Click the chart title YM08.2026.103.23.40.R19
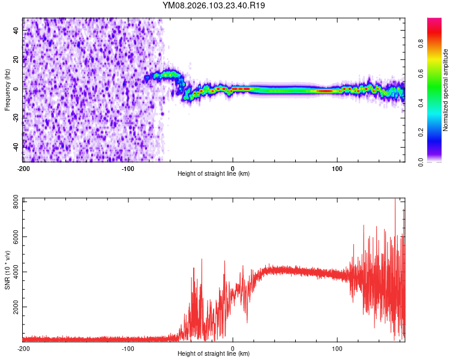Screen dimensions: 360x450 (214, 5)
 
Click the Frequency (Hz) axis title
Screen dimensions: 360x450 (7, 89)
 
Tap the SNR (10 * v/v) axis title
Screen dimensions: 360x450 (7, 269)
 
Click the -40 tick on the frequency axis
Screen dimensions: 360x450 (16, 147)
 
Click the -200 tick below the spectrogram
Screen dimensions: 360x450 (23, 169)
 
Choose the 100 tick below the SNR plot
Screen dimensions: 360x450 (337, 349)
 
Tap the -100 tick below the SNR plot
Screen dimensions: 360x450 (128, 349)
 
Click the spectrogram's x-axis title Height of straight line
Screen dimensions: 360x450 (214, 174)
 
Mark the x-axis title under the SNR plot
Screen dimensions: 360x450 (214, 354)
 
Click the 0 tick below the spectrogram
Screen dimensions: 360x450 (233, 169)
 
